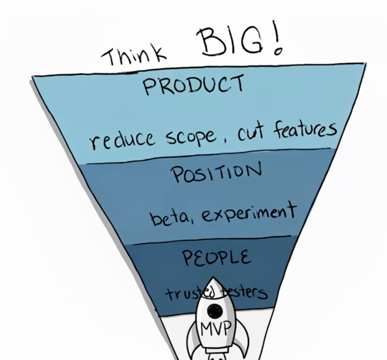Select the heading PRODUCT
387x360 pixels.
(x=193, y=85)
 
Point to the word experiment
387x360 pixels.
(x=242, y=214)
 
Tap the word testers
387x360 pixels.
(x=248, y=292)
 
